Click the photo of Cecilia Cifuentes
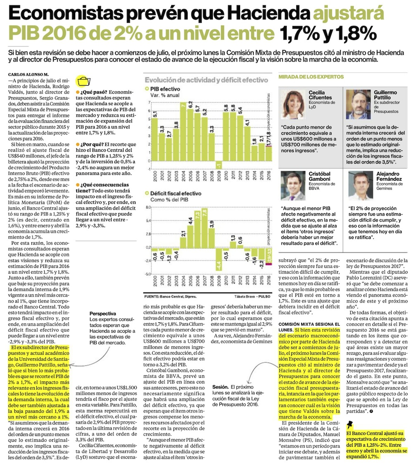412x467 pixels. [293, 105]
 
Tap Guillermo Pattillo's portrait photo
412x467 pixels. [358, 105]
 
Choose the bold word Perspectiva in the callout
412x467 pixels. [102, 314]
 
